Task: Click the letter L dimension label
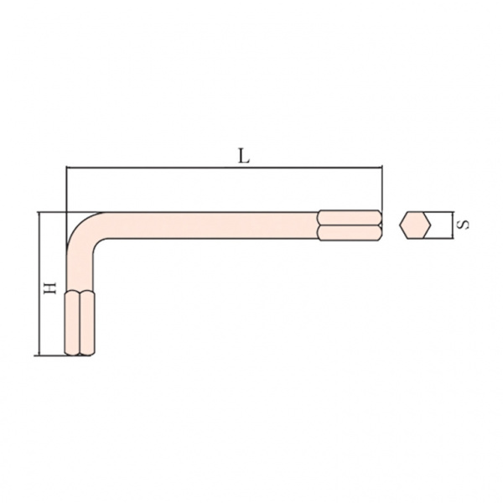coord(244,156)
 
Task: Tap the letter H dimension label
coord(50,288)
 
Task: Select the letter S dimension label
coord(464,224)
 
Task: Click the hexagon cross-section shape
coord(415,226)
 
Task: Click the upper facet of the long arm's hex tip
coord(350,217)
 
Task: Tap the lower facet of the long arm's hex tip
coord(350,232)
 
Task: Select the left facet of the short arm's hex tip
coord(72,323)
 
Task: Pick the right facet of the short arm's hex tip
coord(87,323)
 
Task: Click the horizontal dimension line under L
coord(224,168)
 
